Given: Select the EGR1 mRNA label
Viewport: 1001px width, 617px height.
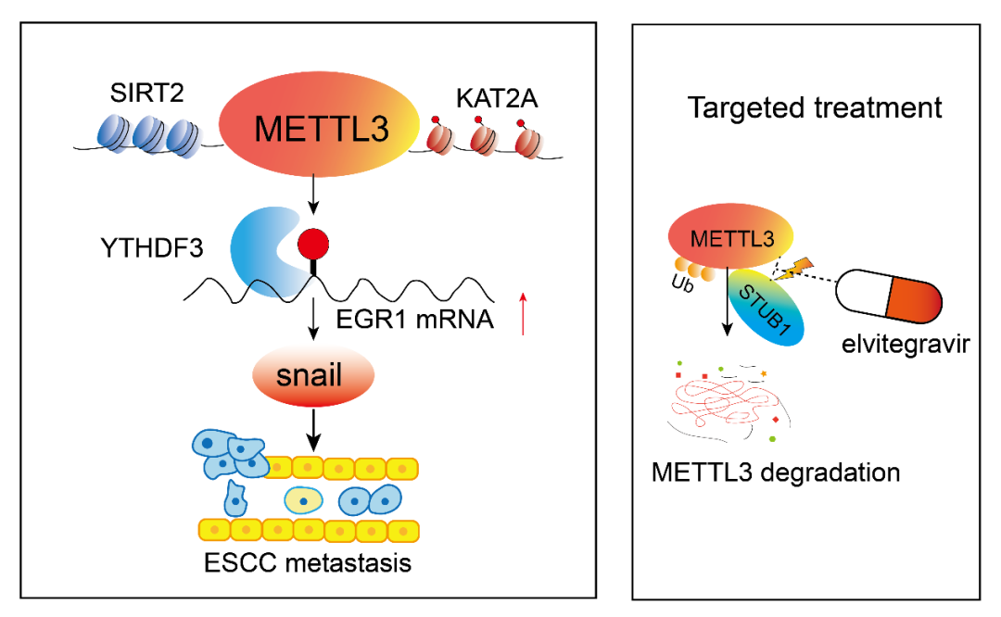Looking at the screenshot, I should (x=437, y=319).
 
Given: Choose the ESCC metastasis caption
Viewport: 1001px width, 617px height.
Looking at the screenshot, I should (x=308, y=562).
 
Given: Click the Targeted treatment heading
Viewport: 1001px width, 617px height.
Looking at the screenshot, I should (x=814, y=107).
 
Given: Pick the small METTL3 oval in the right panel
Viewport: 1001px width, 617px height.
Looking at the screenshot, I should (x=729, y=238).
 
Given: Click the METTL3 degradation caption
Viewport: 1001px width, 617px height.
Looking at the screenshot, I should (x=776, y=472).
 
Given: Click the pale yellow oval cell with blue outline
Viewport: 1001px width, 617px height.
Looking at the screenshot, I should (x=303, y=501).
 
